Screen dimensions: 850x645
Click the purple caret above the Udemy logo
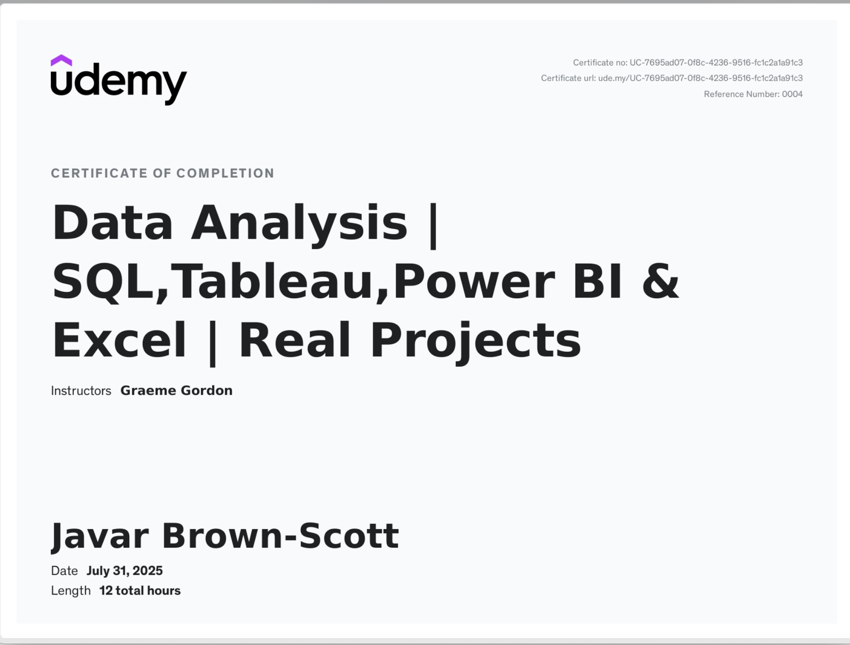61,61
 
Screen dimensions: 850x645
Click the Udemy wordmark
119,83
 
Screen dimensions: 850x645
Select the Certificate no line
688,63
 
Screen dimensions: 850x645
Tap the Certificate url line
672,78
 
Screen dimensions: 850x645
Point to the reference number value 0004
792,94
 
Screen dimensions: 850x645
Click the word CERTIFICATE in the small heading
99,173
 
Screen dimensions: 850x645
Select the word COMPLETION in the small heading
225,173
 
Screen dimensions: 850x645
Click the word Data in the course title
112,222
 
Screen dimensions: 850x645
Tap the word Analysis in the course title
299,225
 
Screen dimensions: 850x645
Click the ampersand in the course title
661,281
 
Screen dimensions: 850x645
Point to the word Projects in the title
475,343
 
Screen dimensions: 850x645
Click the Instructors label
81,391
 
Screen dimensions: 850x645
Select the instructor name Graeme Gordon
176,391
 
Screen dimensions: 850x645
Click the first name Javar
100,536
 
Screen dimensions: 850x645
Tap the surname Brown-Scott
280,536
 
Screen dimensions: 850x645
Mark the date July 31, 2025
124,571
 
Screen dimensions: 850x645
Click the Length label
71,590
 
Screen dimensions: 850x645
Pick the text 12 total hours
140,590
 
